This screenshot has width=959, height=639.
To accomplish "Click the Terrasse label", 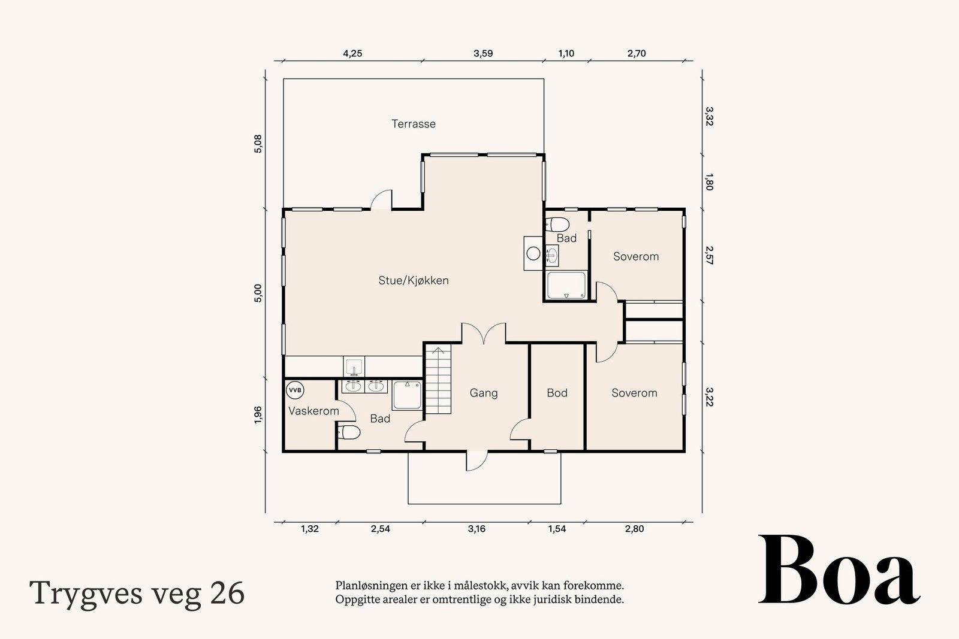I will tap(414, 124).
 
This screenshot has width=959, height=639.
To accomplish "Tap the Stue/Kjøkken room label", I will tap(414, 280).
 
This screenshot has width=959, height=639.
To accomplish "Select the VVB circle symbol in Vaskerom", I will tap(295, 390).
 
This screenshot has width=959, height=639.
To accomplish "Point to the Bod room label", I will tap(557, 393).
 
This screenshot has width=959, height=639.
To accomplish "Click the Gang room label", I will tap(483, 393).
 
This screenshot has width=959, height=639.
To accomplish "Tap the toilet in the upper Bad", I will tap(557, 225).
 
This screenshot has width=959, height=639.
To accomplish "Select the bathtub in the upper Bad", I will tap(566, 285).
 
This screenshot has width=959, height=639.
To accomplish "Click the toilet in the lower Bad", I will tap(349, 432).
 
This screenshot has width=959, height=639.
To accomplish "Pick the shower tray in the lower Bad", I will tap(408, 396).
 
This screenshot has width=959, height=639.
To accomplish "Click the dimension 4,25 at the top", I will tap(352, 53).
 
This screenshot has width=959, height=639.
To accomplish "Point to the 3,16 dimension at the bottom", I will tap(477, 529).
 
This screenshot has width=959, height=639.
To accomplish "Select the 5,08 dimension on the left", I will tap(258, 144).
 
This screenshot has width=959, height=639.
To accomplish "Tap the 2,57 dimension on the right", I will tap(709, 255).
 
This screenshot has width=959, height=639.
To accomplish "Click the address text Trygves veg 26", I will tap(137, 593).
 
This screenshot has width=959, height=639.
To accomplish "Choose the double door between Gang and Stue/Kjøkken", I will tap(484, 334).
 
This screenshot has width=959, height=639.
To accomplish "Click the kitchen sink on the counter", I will tap(354, 366).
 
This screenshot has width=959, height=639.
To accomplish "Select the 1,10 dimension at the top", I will tap(566, 53).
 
